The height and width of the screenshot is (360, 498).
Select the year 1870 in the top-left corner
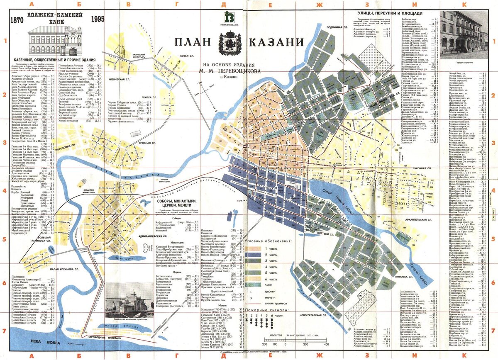17,20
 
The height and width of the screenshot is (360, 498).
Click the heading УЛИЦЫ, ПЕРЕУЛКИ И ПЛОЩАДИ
390,13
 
